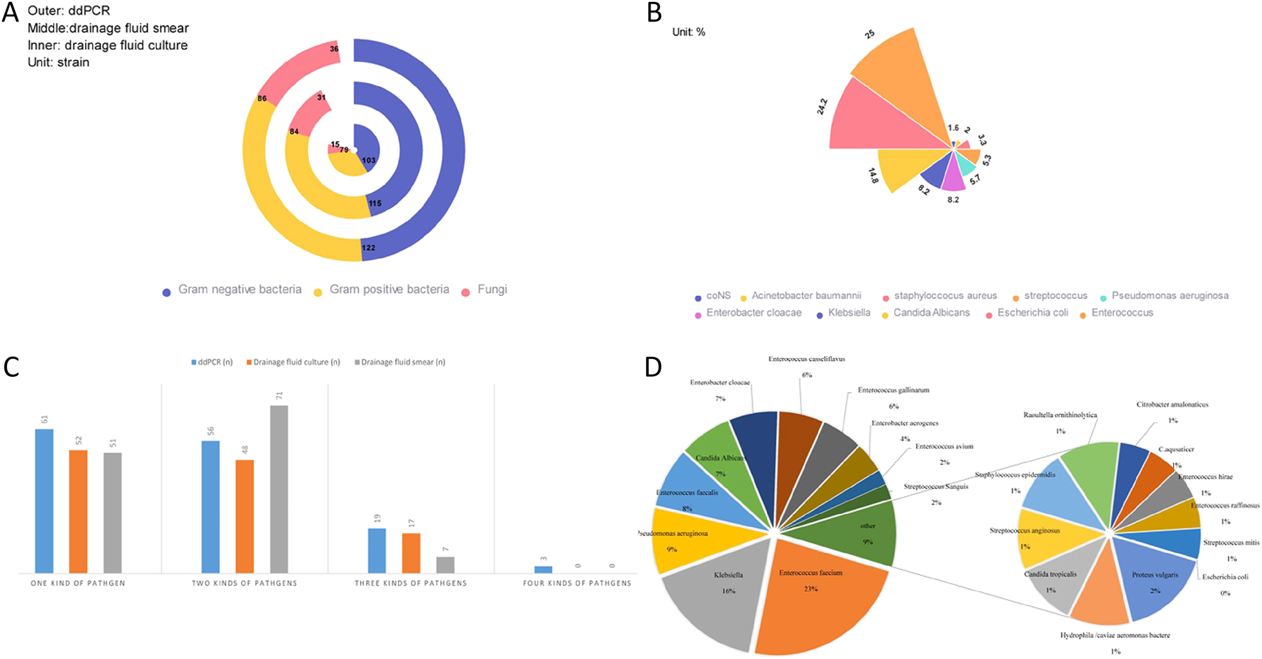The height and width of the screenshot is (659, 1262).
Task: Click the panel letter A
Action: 10,12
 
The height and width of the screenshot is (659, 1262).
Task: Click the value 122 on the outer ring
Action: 369,248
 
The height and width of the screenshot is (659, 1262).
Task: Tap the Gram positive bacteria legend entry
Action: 389,290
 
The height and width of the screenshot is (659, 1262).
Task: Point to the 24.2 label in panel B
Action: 822,106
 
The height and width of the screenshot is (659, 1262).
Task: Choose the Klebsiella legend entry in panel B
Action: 848,313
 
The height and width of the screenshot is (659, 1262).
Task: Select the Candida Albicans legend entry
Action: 931,313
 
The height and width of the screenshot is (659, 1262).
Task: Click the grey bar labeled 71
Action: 279,488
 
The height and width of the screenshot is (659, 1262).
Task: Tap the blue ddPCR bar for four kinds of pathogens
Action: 543,570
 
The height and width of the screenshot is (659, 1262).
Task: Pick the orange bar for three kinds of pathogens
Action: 411,553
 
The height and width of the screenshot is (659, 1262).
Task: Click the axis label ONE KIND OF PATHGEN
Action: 78,583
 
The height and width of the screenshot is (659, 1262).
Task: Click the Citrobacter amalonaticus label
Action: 1172,405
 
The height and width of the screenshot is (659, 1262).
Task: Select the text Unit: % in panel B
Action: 688,32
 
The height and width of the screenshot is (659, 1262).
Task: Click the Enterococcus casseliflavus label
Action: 806,359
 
